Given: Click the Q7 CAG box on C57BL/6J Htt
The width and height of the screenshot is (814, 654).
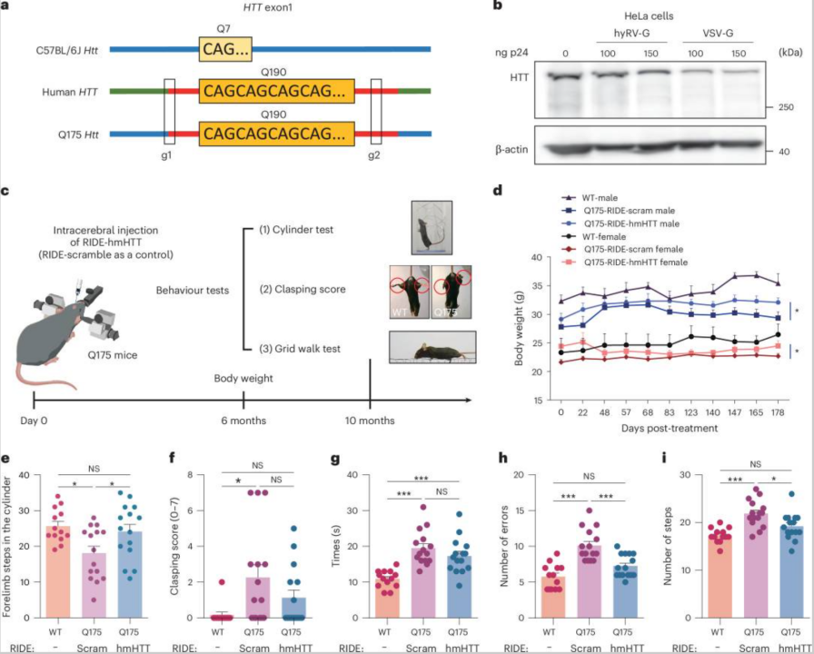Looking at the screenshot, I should (x=226, y=49).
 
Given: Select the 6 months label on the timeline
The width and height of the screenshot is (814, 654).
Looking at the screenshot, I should (x=243, y=421).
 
